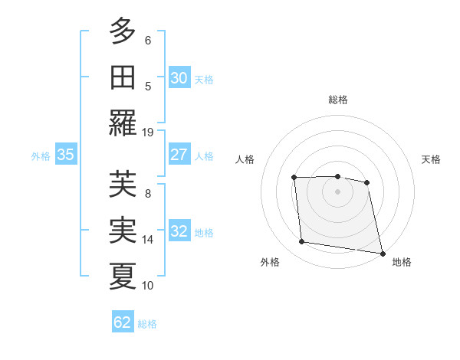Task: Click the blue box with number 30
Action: pyautogui.click(x=179, y=78)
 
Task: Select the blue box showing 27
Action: pyautogui.click(x=179, y=155)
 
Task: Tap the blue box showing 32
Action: pyautogui.click(x=179, y=231)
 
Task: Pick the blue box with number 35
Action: pyautogui.click(x=66, y=155)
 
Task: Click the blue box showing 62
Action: pyautogui.click(x=123, y=322)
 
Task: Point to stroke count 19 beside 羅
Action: pyautogui.click(x=148, y=132)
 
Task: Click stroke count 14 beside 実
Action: pyautogui.click(x=148, y=239)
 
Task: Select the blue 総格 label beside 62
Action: pyautogui.click(x=147, y=323)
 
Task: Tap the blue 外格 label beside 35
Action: pyautogui.click(x=41, y=155)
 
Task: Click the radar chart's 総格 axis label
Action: pyautogui.click(x=337, y=100)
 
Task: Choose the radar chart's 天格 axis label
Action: pyautogui.click(x=431, y=159)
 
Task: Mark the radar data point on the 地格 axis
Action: pyautogui.click(x=382, y=252)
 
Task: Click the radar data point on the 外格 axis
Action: pyautogui.click(x=302, y=242)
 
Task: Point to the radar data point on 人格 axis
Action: pyautogui.click(x=294, y=178)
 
